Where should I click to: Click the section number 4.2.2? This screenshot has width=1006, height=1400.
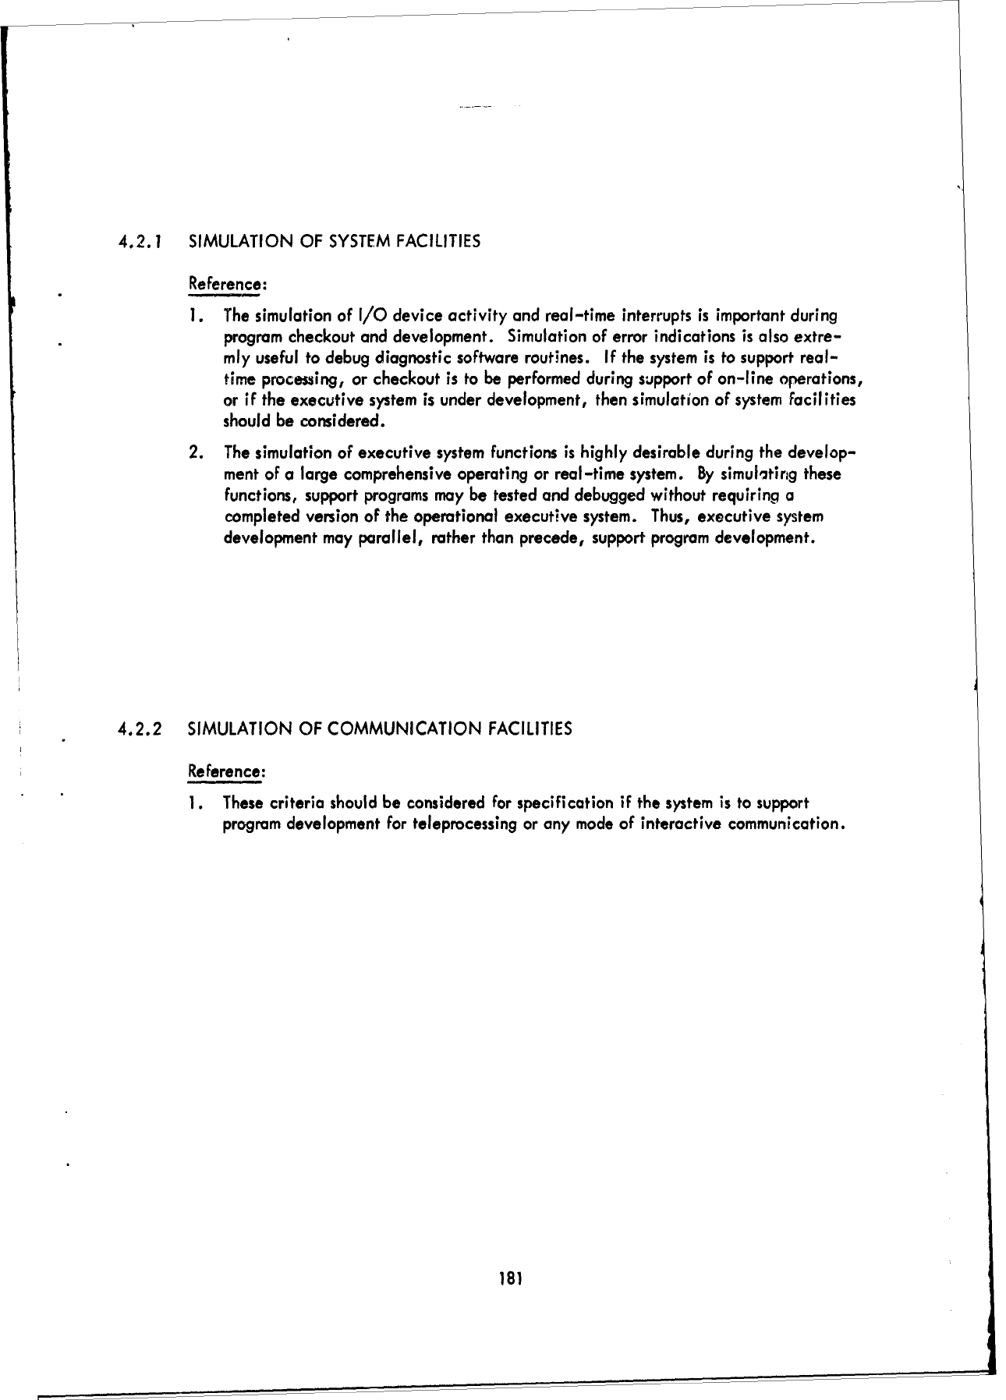click(x=140, y=730)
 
